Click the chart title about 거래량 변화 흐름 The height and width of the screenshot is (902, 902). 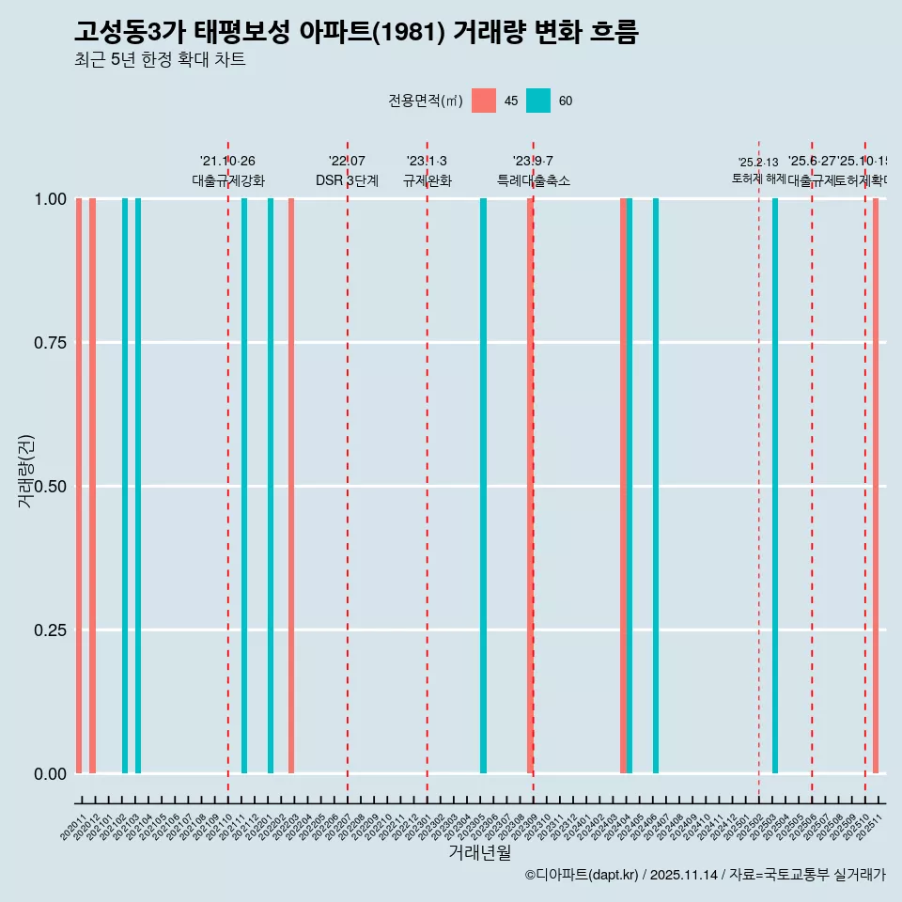pyautogui.click(x=356, y=33)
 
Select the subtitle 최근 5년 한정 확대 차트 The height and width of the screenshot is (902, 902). pyautogui.click(x=160, y=61)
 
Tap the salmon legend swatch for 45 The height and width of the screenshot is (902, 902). pyautogui.click(x=484, y=101)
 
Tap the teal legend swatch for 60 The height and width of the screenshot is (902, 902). pyautogui.click(x=538, y=101)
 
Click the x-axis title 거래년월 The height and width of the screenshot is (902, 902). pyautogui.click(x=479, y=853)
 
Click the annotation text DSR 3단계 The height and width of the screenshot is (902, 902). pyautogui.click(x=347, y=181)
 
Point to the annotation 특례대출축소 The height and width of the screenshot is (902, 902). pyautogui.click(x=533, y=181)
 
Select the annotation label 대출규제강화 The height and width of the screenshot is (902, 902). pyautogui.click(x=228, y=181)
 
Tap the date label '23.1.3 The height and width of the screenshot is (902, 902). pyautogui.click(x=427, y=162)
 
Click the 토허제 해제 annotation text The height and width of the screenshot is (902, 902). pyautogui.click(x=758, y=179)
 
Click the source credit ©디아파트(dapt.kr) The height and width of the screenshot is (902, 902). pyautogui.click(x=582, y=875)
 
